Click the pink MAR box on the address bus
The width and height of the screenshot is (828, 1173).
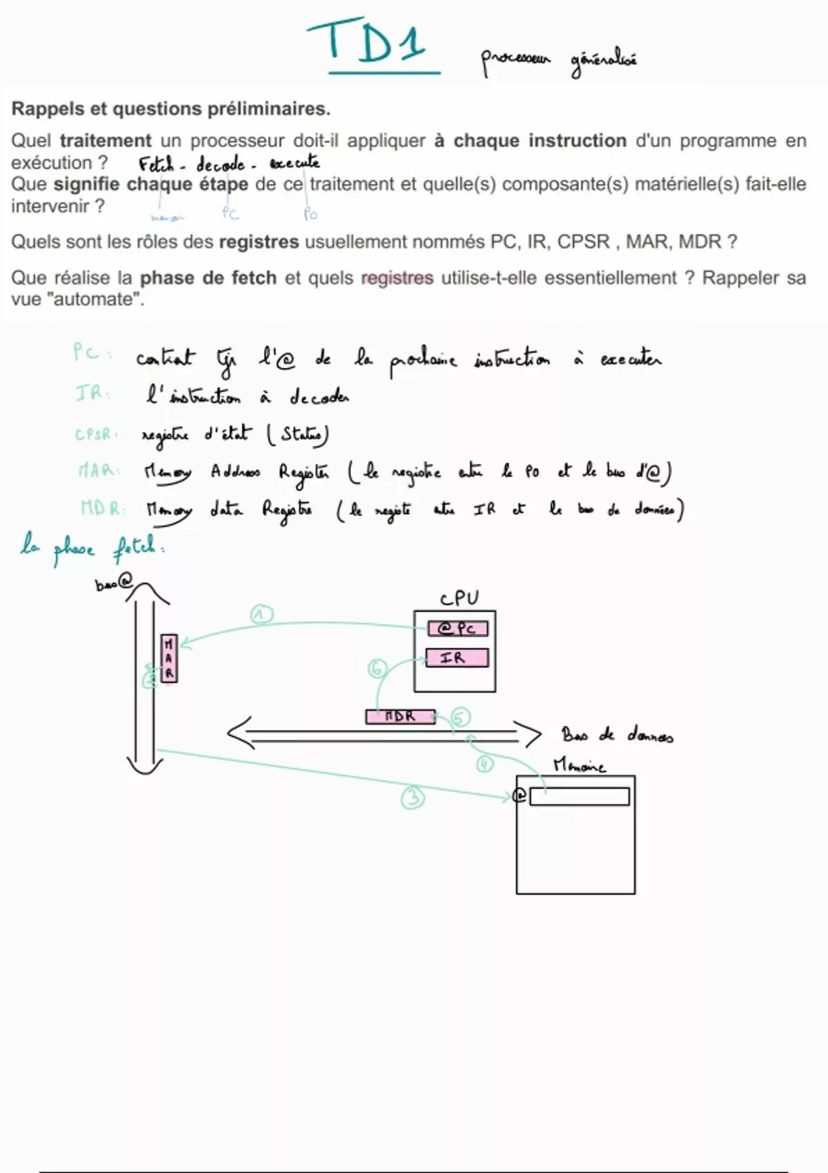[x=169, y=658]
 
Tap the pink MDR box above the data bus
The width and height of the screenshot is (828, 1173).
[x=400, y=717]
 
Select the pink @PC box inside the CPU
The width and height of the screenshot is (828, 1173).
[x=457, y=629]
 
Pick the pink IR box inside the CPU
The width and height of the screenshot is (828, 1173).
[x=457, y=658]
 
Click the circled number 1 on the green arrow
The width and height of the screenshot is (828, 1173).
[x=261, y=614]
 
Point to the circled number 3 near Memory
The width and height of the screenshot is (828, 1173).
[x=413, y=798]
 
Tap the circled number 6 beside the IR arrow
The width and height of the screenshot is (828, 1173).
[x=377, y=668]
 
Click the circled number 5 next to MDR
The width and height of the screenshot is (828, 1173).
[x=460, y=717]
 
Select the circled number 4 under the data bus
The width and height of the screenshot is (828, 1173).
[x=485, y=764]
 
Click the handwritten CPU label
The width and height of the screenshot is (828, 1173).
[x=459, y=598]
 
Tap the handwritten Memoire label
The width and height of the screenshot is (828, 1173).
[x=580, y=766]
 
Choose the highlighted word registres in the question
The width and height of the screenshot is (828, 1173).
[x=397, y=278]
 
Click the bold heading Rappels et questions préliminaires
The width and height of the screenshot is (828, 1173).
[x=170, y=109]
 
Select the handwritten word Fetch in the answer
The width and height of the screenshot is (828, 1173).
[x=157, y=165]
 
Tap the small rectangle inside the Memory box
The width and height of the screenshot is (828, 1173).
[x=580, y=797]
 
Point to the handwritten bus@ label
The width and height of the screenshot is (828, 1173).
[x=112, y=584]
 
